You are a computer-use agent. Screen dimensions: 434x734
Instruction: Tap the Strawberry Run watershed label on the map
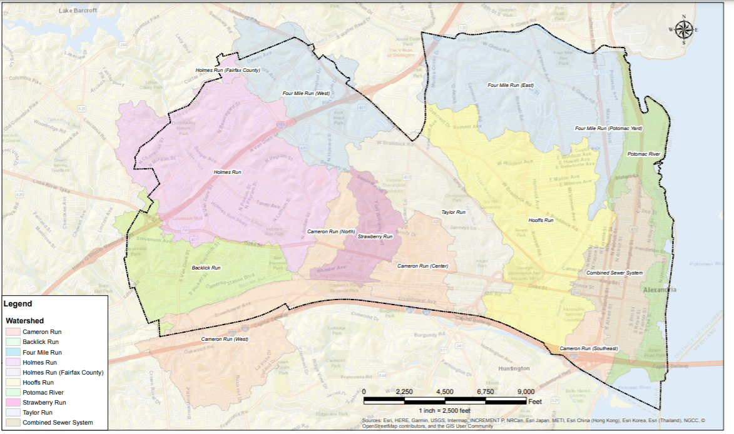375,237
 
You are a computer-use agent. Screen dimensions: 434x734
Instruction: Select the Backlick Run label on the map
207,268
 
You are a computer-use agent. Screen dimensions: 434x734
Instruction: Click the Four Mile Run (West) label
306,93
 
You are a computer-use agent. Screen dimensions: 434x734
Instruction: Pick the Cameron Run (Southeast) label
588,348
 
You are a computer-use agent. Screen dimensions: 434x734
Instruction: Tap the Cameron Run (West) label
225,339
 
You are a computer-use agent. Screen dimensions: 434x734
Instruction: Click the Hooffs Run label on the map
541,220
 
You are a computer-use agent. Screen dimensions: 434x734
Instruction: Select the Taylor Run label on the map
453,213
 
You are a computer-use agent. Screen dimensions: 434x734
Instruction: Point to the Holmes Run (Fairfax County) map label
227,70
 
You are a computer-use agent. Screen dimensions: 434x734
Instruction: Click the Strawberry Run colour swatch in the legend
13,403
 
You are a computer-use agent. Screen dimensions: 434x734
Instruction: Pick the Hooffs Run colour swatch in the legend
13,382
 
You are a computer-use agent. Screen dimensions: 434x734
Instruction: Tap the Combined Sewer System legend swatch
13,423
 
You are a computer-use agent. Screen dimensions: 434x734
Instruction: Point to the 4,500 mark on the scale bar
444,391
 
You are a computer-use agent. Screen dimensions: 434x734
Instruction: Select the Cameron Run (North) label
331,231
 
